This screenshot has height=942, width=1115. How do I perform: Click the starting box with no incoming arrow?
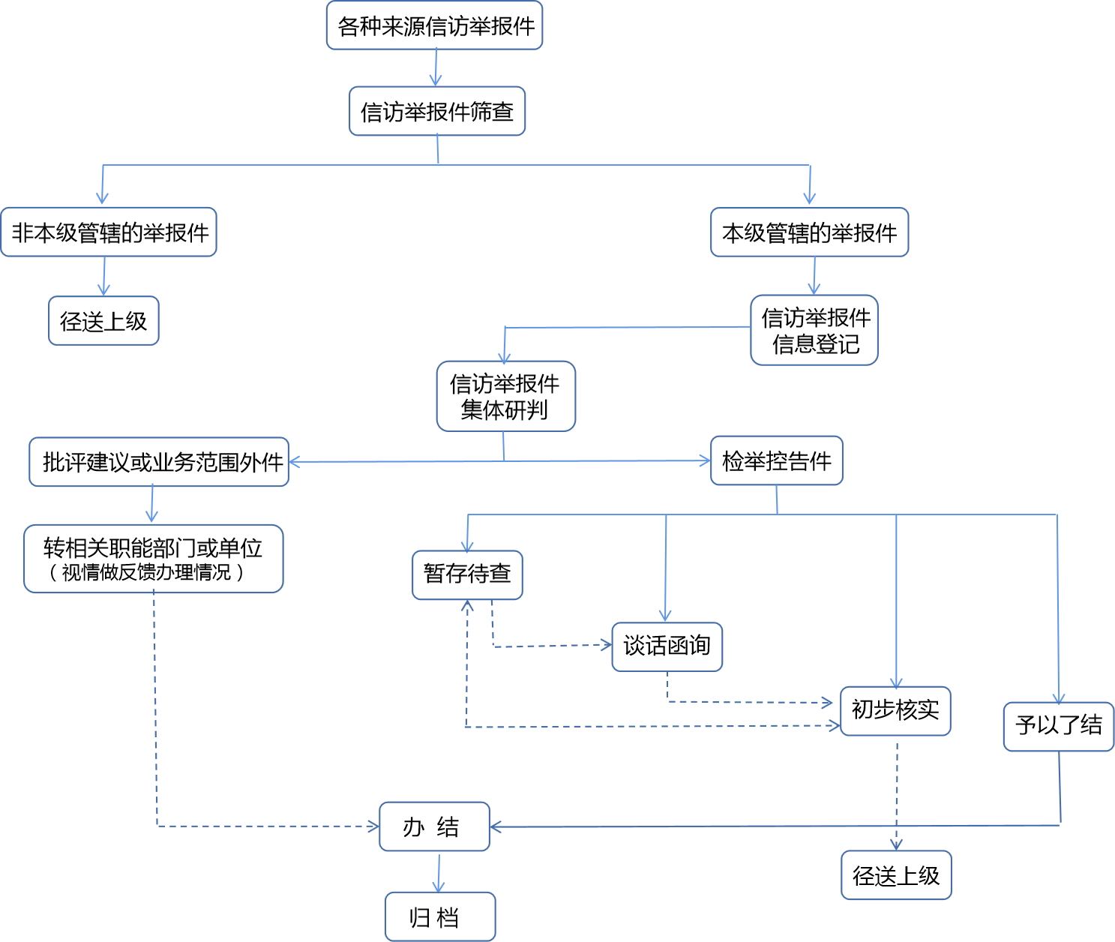click(434, 25)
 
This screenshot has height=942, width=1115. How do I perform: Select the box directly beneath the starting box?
click(437, 111)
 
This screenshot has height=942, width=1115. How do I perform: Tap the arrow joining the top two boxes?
click(436, 67)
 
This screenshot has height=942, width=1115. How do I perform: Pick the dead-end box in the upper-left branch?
click(103, 321)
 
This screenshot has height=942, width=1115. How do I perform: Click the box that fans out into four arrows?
click(776, 460)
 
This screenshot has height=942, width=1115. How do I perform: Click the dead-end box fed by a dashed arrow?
click(896, 874)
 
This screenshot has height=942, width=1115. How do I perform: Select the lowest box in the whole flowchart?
click(440, 916)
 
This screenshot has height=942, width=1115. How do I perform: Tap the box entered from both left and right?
click(434, 826)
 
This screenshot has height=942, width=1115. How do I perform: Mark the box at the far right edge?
click(1058, 727)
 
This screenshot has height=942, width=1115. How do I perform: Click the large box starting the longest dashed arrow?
click(153, 559)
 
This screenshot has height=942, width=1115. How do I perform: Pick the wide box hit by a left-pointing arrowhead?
click(159, 462)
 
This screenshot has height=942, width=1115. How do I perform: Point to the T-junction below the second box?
click(438, 164)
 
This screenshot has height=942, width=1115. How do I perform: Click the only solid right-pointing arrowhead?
click(706, 460)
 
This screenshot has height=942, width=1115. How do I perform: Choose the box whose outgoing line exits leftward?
click(814, 330)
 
